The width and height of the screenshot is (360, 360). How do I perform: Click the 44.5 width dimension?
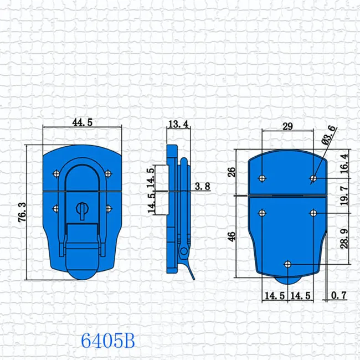pos(81,123)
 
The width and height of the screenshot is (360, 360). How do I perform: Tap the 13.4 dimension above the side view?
pos(178,125)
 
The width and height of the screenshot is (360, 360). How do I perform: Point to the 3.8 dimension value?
pos(203,187)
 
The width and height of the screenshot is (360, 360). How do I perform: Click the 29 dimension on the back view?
pos(287,127)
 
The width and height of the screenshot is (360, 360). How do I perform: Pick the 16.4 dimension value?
pos(344,163)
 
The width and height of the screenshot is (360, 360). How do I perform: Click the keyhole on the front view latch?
pos(81,209)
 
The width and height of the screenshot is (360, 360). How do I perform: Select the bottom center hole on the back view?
pos(287,264)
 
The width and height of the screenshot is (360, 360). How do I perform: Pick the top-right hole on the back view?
pos(313,178)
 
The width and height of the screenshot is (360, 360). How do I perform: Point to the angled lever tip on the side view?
pos(192,275)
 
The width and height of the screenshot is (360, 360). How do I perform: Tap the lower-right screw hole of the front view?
pos(109,208)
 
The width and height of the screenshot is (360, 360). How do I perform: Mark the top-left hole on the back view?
pos(261,178)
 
